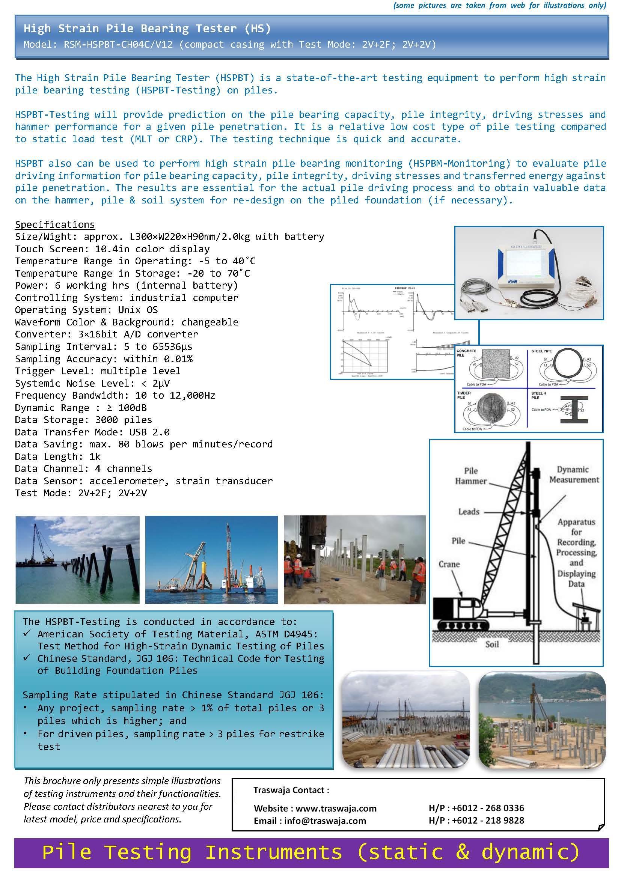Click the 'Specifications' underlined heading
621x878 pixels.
(55, 224)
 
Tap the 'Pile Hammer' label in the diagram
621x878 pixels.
(471, 476)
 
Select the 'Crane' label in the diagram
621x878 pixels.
(449, 564)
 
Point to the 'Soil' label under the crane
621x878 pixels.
(492, 645)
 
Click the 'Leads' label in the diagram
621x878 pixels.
(469, 512)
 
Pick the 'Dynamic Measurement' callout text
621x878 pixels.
(574, 474)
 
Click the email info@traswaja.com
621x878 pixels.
(325, 821)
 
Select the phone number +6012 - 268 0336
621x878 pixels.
(488, 808)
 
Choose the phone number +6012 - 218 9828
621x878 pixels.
(488, 821)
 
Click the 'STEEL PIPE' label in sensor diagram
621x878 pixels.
(541, 351)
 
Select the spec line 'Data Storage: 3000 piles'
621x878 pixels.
(83, 420)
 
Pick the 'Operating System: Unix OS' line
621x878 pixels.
(86, 310)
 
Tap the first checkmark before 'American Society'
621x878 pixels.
(27, 633)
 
